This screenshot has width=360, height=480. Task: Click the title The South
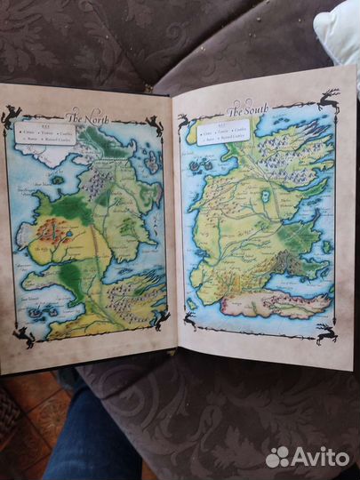click(246, 112)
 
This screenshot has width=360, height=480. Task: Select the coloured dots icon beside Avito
click(278, 457)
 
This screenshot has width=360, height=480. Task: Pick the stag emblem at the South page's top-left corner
click(185, 123)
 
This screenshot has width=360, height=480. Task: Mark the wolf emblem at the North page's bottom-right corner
click(160, 320)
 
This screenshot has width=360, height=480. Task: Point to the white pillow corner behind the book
click(342, 31)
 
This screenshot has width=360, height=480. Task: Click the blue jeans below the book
click(89, 436)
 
